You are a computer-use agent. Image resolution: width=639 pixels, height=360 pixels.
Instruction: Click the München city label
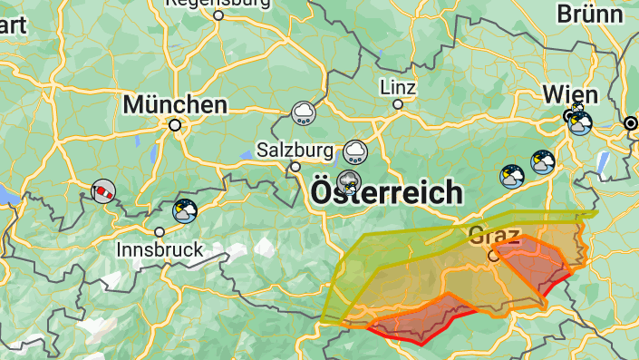pos(175,104)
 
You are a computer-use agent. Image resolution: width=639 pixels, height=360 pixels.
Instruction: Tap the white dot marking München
pos(175,125)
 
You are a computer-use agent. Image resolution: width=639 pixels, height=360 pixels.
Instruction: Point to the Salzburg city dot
pos(295,167)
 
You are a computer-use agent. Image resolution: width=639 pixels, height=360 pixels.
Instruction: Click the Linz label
pos(398,88)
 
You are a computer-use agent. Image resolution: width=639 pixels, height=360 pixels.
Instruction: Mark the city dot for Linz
pos(397,104)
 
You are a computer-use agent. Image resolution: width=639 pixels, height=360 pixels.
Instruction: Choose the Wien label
pos(570,94)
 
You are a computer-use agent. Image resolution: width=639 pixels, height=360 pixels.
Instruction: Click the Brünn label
pos(590,14)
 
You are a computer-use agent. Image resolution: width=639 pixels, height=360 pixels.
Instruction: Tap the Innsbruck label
pos(160,248)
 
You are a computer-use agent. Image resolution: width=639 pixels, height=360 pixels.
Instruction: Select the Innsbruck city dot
pos(160,232)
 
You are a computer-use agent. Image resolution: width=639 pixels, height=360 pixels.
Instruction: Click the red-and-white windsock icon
pos(103,191)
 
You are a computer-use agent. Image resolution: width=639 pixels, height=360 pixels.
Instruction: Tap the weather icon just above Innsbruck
pos(185,211)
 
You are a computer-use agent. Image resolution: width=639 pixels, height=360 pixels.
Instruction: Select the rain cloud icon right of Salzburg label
pos(355,150)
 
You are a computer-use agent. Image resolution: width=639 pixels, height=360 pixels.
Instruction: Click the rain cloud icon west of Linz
pos(303,113)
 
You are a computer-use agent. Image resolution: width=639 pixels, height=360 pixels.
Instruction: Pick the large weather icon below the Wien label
pos(579,123)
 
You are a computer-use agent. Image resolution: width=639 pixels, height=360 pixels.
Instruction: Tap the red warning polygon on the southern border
pos(417,323)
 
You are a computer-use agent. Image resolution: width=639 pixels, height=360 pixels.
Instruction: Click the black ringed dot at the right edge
pos(630,123)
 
